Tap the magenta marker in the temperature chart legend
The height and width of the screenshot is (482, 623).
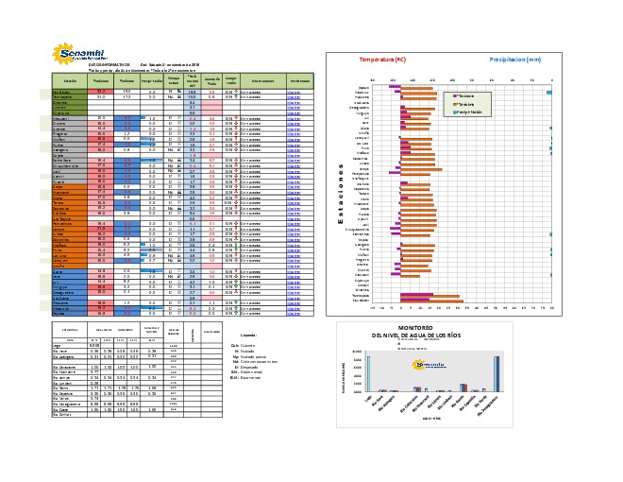coord(458,96)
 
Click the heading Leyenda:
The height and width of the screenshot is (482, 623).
coord(249,336)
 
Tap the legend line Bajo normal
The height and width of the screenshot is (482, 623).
coord(251,380)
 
